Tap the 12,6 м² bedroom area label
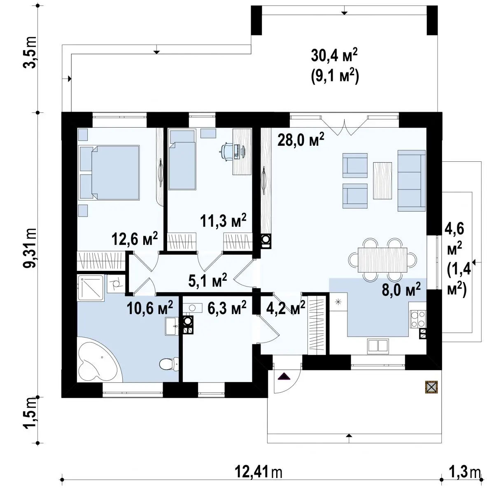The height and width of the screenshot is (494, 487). click(x=134, y=239)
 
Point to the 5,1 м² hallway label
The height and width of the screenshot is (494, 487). click(x=207, y=280)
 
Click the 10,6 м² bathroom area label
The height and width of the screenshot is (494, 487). click(x=150, y=308)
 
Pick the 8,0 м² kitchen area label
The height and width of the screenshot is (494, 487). click(x=401, y=289)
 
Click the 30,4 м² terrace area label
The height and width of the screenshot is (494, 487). click(x=334, y=56)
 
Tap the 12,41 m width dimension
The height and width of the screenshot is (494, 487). click(x=259, y=472)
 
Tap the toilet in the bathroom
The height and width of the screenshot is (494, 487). click(x=169, y=363)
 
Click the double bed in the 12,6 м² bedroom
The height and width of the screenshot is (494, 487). click(x=110, y=172)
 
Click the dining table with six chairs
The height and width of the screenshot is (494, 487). click(x=382, y=260)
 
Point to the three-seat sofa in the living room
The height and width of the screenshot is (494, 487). click(x=411, y=181)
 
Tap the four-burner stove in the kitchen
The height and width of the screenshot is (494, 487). click(x=418, y=319)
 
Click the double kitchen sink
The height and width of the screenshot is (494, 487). click(x=378, y=346)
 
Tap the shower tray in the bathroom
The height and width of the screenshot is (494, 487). click(x=91, y=288)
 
